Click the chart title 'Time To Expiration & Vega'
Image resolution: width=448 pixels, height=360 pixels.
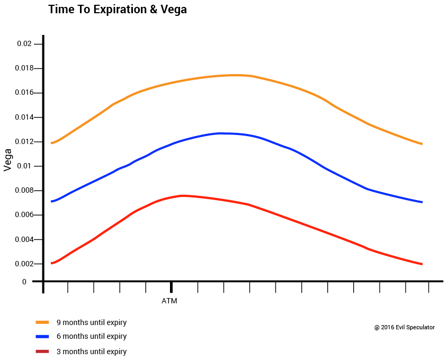coord(117,10)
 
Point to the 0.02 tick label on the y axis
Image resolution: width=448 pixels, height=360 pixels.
coord(25,44)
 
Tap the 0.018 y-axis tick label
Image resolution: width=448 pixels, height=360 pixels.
coord(23,68)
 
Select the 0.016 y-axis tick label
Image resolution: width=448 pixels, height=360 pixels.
coord(23,93)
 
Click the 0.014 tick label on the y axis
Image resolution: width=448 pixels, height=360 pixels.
coord(23,117)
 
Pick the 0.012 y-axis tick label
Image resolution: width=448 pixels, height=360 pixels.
coord(23,142)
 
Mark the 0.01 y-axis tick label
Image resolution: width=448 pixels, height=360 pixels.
coord(25,166)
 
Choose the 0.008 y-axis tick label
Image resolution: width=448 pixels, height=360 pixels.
coord(23,191)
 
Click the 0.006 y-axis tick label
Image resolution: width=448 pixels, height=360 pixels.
coord(23,215)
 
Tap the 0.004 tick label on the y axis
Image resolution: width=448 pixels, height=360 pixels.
coord(23,239)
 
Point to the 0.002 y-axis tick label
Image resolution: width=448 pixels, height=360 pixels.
coord(23,264)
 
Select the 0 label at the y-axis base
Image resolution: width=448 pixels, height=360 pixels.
coord(24,282)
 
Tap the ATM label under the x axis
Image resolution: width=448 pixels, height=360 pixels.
coord(169,301)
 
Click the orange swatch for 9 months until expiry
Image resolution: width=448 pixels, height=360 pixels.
coord(42,322)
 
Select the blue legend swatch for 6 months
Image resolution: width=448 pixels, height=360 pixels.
coord(42,336)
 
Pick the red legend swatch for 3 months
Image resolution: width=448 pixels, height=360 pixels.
coord(42,351)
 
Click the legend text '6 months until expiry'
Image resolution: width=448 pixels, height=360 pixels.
coord(92,336)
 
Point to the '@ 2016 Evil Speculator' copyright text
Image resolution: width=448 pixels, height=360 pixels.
coord(405,327)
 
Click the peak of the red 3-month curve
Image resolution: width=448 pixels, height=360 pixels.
coord(182,196)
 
